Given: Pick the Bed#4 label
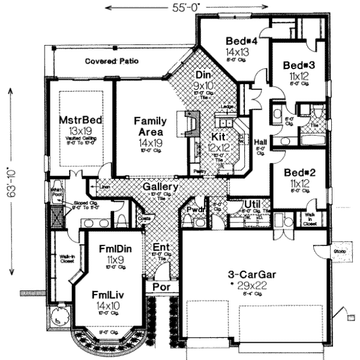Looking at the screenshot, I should [242, 41].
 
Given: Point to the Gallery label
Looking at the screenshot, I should [160, 187].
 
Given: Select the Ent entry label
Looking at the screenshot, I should [160, 247].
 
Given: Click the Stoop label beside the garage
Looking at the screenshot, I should [339, 251].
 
